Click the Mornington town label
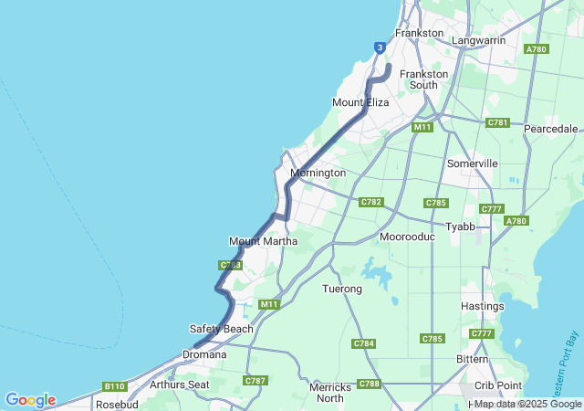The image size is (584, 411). click(318, 173)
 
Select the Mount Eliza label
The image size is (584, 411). click(360, 102)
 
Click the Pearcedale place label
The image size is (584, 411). click(551, 129)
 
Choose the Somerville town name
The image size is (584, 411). click(473, 163)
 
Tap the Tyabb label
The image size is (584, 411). click(460, 226)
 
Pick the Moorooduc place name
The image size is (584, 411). click(407, 237)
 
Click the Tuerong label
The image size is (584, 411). click(343, 289)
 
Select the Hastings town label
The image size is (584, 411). click(483, 306)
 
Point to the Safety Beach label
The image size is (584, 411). click(222, 329)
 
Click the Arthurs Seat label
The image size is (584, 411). click(180, 385)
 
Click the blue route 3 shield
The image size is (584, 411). click(380, 47)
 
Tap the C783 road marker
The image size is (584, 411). click(230, 265)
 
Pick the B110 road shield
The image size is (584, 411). click(114, 386)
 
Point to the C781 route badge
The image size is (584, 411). click(497, 122)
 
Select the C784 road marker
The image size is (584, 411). click(364, 343)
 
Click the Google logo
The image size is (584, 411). click(31, 400)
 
